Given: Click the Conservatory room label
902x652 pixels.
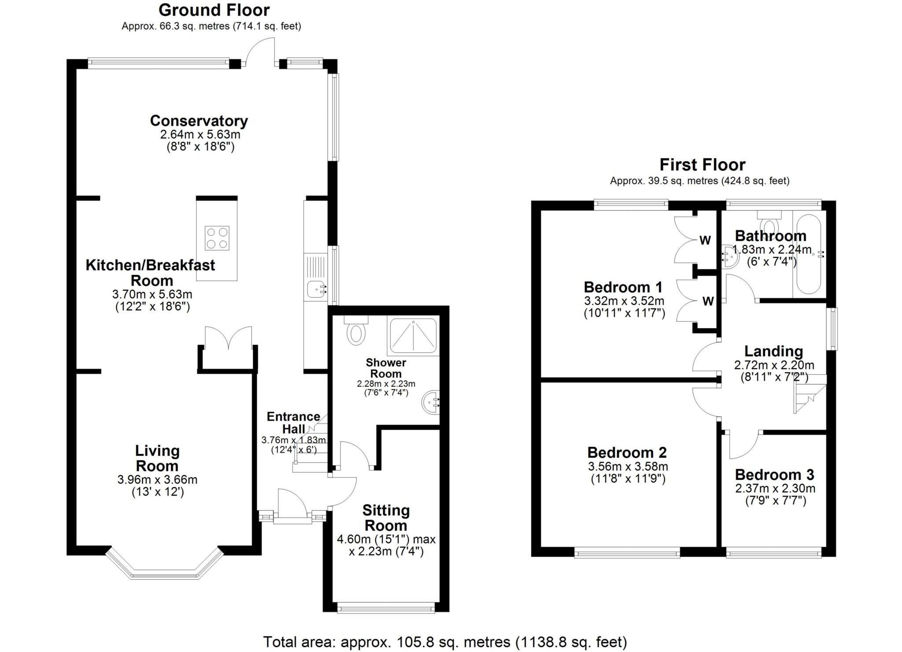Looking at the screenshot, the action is point(199,121).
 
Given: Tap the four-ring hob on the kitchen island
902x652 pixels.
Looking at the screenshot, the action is point(217,238).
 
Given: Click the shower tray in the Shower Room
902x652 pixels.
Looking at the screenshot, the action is point(413,336).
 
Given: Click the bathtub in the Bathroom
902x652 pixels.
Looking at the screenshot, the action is point(809,254).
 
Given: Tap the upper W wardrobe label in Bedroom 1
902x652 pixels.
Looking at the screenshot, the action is point(705,241).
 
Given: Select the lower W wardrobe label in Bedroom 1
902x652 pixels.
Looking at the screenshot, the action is point(708,301).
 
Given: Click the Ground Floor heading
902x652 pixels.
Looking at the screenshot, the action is point(214,10).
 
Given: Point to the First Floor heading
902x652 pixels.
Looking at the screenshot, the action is point(702,165).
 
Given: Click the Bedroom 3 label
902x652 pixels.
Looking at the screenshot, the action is point(774,474).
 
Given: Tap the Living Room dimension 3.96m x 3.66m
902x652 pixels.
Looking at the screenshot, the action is point(157,479).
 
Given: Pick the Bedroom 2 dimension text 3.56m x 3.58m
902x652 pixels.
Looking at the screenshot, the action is point(628,466).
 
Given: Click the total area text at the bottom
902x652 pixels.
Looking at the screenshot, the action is point(445,642).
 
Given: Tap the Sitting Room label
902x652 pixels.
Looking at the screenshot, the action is point(386,518).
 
